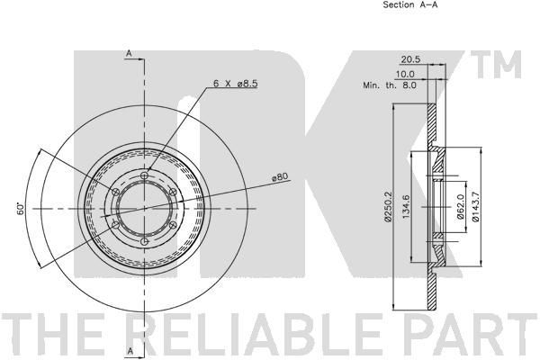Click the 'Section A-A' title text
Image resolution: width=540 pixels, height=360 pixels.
[x=410, y=4]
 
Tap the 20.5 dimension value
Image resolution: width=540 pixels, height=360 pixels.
[x=411, y=59]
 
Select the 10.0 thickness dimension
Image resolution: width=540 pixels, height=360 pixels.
[x=405, y=74]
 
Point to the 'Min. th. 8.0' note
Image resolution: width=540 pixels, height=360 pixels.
[x=390, y=85]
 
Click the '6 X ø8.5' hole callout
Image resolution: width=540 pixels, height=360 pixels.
[x=236, y=84]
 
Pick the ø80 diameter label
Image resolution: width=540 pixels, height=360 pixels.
[x=280, y=177]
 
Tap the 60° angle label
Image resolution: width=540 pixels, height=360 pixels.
[x=21, y=209]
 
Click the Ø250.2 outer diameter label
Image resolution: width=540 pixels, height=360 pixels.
[x=388, y=206]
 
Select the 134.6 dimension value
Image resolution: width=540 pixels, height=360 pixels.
[x=406, y=207]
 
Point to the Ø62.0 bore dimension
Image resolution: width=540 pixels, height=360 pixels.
[x=461, y=207]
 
